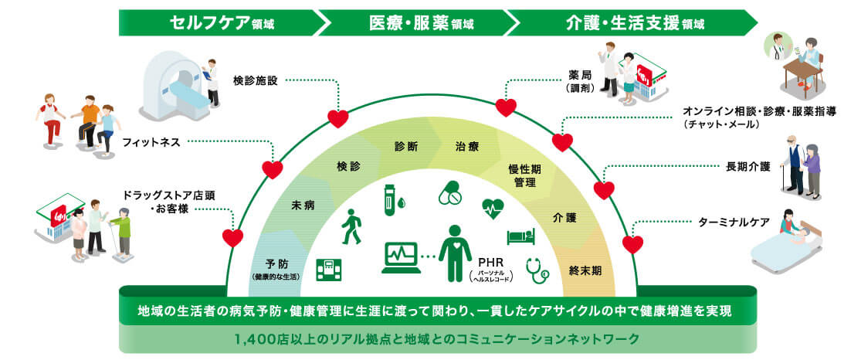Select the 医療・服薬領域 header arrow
point(421,22)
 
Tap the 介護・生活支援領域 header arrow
point(633,22)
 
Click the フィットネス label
point(150,142)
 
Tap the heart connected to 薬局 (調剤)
point(506,107)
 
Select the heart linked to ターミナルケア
point(632,245)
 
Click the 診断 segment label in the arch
point(406,147)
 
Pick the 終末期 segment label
point(585,270)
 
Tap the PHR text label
point(491,262)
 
